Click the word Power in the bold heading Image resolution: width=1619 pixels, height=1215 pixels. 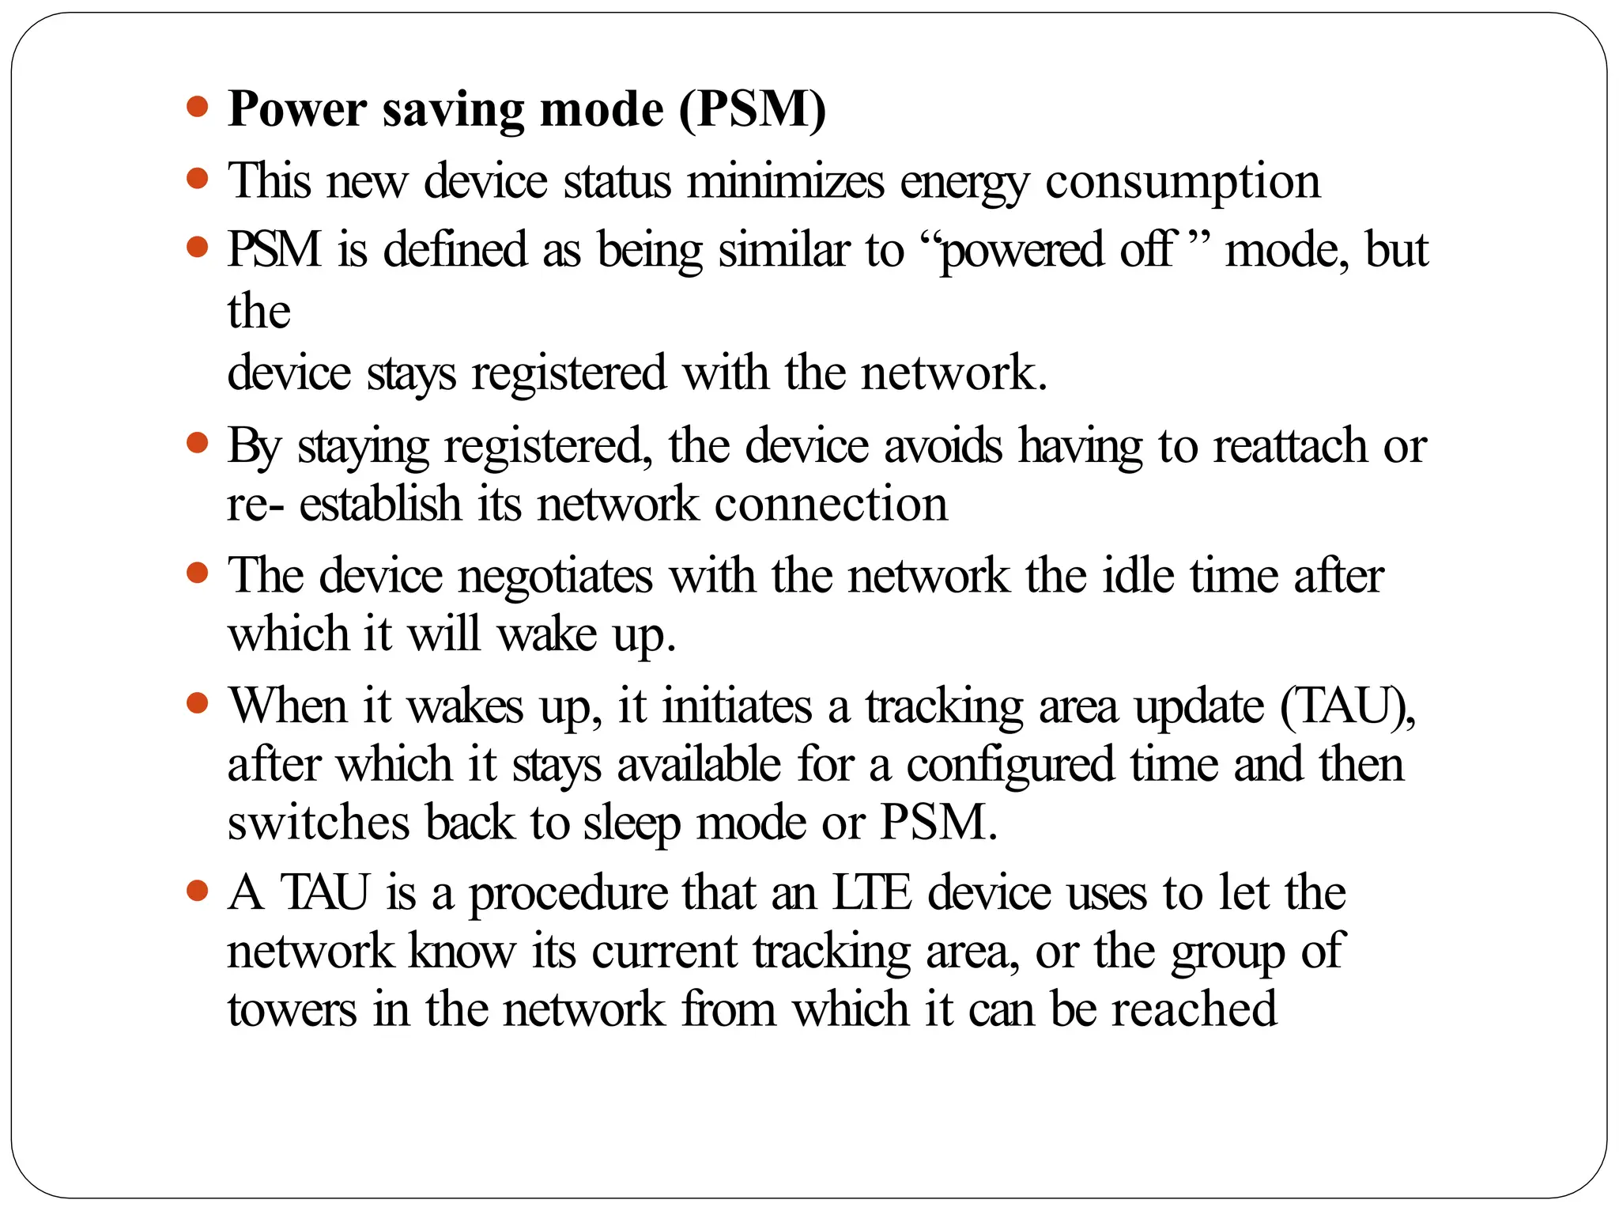tap(297, 109)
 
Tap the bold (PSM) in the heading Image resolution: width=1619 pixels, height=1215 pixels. tap(753, 109)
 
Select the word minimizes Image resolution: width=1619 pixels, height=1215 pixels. tap(785, 181)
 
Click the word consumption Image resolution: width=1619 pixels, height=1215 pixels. tap(1183, 183)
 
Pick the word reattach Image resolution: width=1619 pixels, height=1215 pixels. tap(1290, 445)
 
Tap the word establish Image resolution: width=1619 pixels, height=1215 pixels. tap(379, 504)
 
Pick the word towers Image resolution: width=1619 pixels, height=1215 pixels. tap(292, 1010)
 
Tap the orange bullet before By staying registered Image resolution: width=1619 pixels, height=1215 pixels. tap(198, 443)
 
